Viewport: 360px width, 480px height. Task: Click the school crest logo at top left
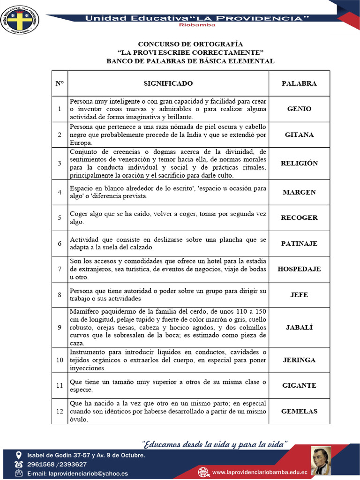click(20, 19)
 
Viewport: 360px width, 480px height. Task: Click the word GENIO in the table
click(299, 109)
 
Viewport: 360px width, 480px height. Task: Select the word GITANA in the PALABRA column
click(299, 135)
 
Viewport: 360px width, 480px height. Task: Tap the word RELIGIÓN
click(299, 163)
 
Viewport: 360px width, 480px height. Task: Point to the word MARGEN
click(299, 192)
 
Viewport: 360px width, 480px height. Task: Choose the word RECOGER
click(299, 217)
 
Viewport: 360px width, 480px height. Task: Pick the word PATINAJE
click(299, 243)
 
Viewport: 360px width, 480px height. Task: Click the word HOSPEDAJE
click(299, 269)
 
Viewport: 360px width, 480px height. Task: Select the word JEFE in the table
click(299, 295)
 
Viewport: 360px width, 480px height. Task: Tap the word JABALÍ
click(299, 327)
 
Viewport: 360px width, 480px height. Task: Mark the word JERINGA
click(299, 360)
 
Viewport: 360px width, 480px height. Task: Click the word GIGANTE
click(299, 385)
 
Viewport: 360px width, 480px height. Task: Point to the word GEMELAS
click(299, 411)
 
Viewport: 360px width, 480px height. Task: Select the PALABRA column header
click(299, 83)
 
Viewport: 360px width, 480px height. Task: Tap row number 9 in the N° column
click(60, 327)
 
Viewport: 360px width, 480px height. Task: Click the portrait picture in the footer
click(321, 460)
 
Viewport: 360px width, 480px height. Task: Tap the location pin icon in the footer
click(19, 455)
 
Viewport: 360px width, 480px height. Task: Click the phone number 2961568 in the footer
click(42, 465)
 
